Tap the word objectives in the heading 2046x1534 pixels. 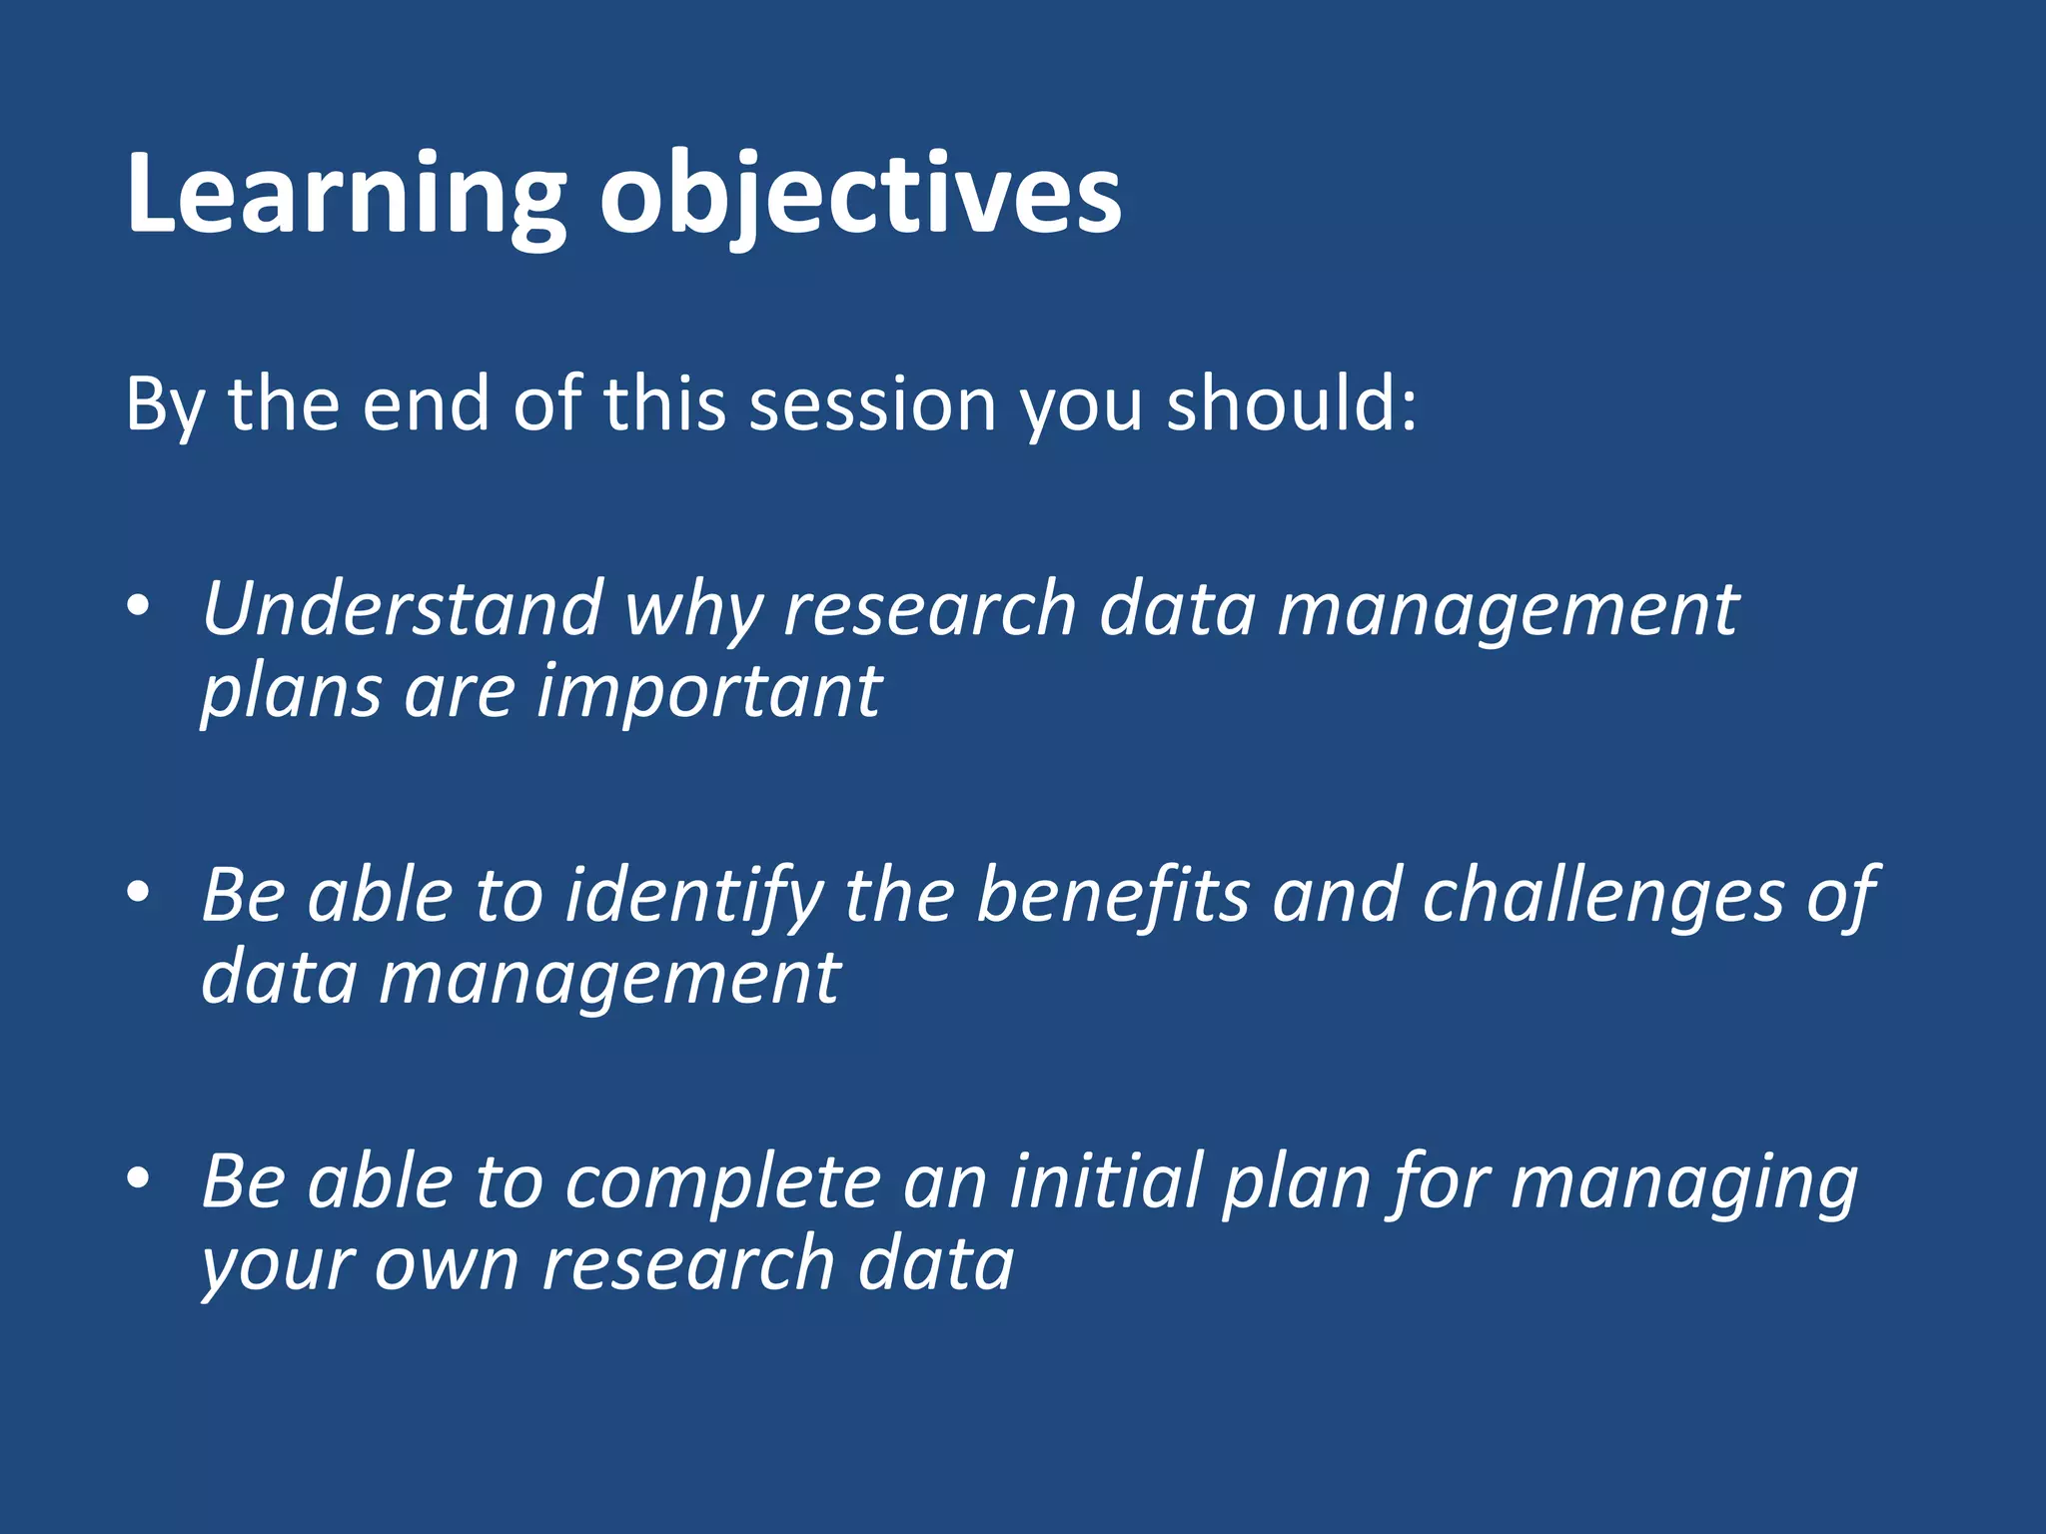[x=859, y=195]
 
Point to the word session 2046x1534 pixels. [x=872, y=404]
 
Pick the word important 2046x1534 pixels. [x=708, y=692]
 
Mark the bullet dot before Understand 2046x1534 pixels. [x=139, y=605]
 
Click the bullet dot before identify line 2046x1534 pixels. [x=139, y=891]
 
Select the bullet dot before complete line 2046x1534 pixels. [x=139, y=1177]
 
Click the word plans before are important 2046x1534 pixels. [x=291, y=692]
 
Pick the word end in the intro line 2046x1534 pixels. [x=425, y=404]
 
